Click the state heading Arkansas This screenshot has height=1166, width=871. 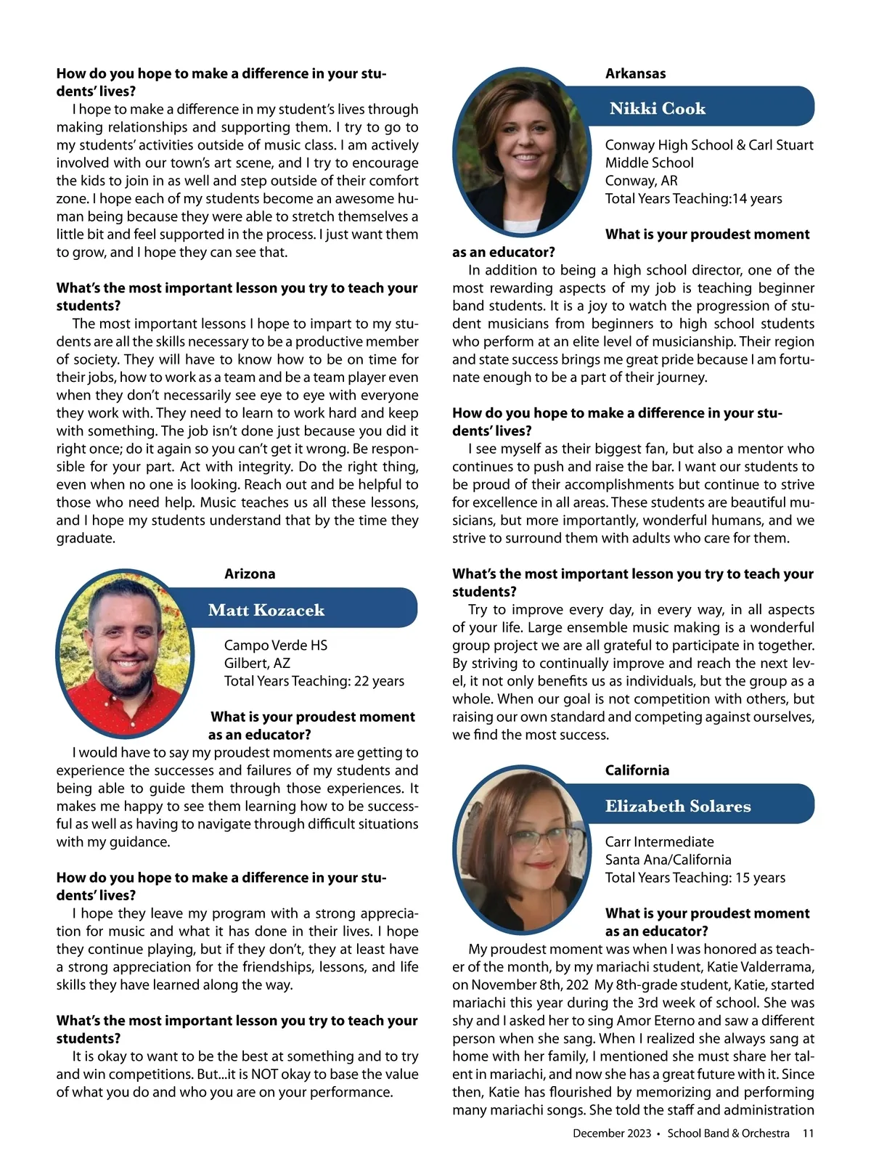click(x=635, y=73)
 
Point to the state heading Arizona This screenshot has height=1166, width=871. click(x=250, y=574)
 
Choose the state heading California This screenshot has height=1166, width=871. click(x=637, y=770)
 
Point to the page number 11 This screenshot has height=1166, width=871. click(x=808, y=1133)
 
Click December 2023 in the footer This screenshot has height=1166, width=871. click(x=612, y=1133)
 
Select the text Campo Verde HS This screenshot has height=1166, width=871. click(x=276, y=645)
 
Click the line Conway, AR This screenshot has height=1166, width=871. click(x=641, y=181)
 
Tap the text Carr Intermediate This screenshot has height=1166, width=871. click(x=659, y=841)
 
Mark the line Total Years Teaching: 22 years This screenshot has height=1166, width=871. click(x=314, y=681)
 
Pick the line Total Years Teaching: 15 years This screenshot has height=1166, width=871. click(x=695, y=878)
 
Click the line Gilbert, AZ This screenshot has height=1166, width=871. click(x=257, y=663)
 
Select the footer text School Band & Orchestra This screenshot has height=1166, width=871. click(x=728, y=1133)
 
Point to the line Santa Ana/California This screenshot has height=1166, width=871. click(x=668, y=860)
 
